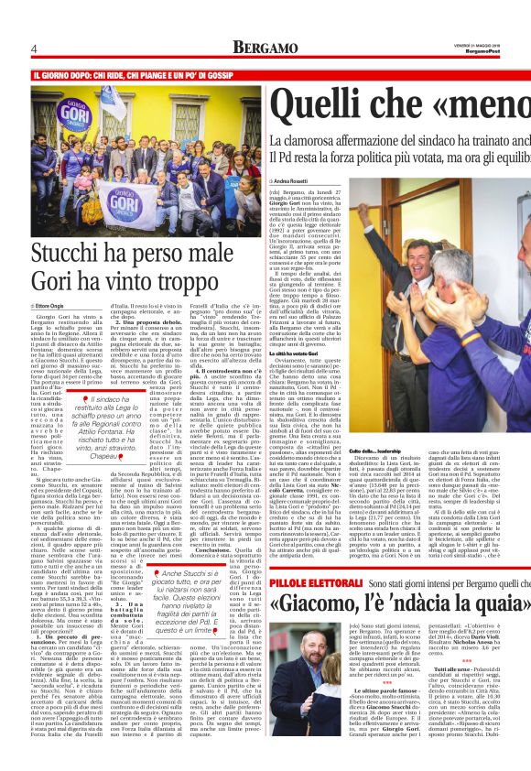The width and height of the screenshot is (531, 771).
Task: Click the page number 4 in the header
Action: click(34, 48)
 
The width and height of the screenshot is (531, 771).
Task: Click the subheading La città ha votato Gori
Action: click(301, 354)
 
